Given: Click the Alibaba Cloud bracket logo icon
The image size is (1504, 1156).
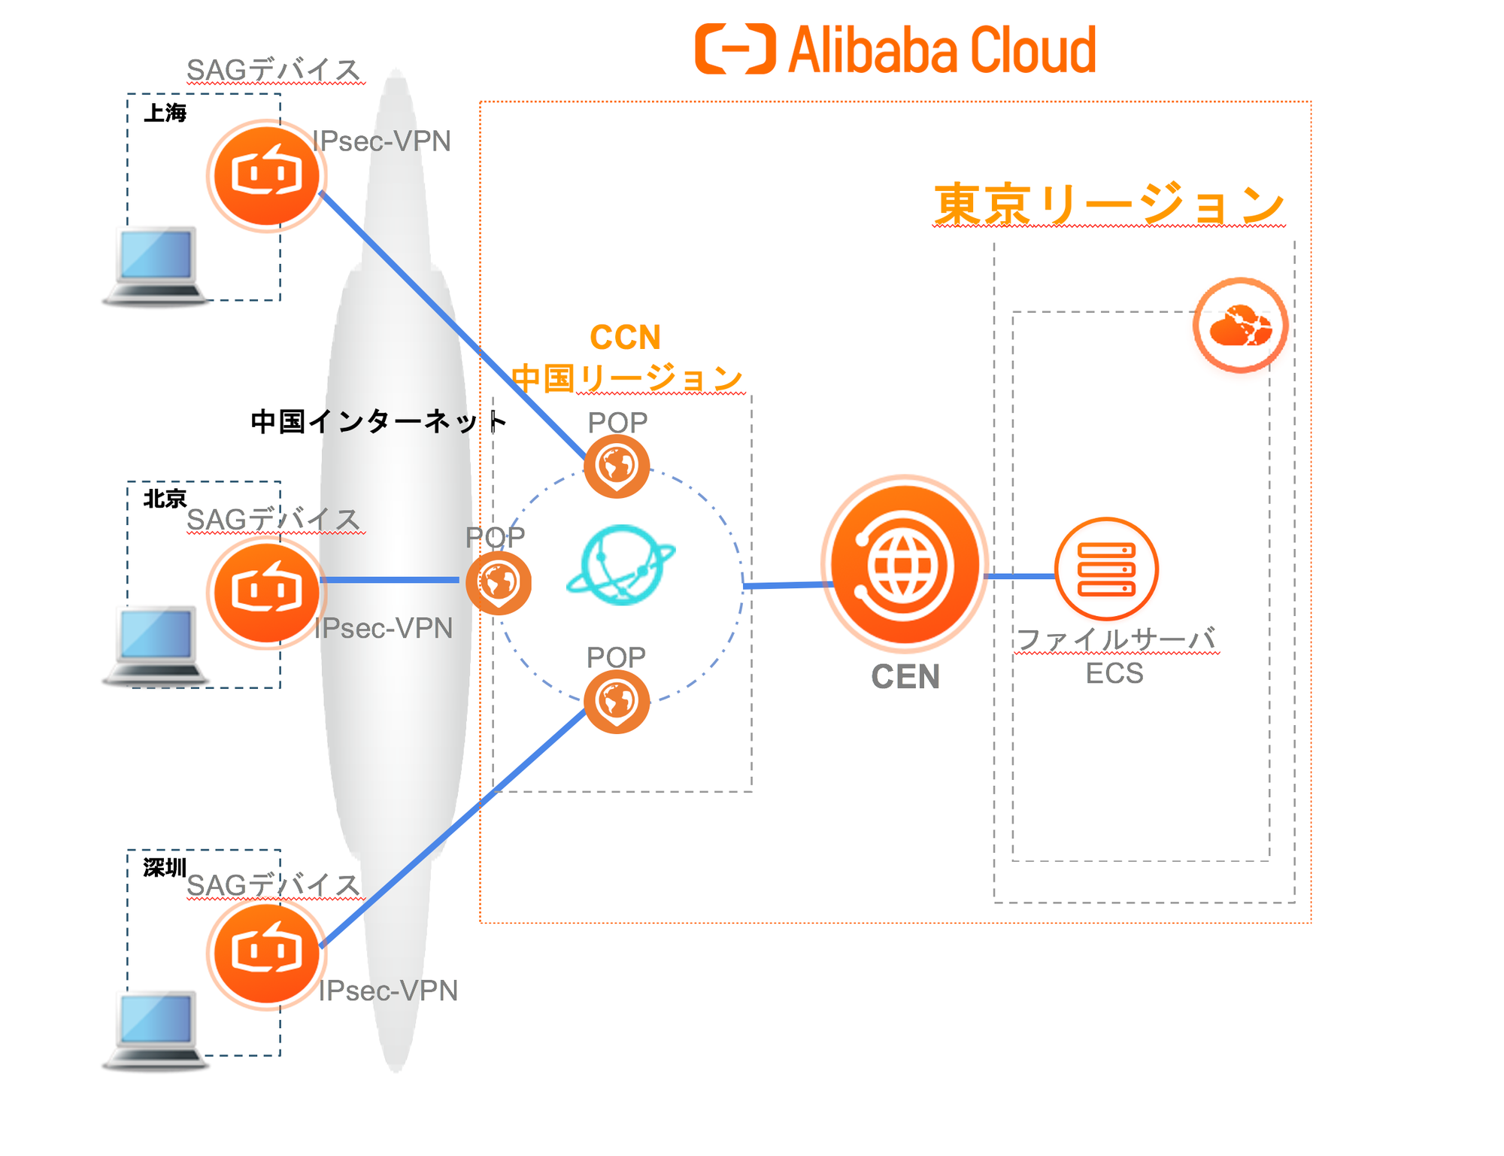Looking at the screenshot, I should point(735,49).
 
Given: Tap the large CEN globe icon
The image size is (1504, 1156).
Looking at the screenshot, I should point(905,565).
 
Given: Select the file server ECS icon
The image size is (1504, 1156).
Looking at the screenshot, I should point(1105,569).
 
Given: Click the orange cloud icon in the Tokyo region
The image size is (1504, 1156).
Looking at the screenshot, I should point(1240,326).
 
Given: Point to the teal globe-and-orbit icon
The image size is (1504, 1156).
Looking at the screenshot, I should point(621,565).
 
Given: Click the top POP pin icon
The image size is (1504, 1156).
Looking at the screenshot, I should point(617,466).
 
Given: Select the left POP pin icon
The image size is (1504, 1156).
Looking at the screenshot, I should point(498,582).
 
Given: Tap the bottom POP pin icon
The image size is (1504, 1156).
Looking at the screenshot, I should point(617,701).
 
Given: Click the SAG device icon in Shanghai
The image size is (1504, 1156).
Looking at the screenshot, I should point(266,175).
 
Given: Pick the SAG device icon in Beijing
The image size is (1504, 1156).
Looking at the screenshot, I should point(266,591).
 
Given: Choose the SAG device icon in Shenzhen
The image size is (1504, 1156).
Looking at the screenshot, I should point(266,953).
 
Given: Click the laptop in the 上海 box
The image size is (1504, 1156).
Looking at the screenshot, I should point(156,265).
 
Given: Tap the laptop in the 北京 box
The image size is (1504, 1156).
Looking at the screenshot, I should point(156,645).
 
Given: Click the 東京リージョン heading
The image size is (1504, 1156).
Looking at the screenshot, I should point(1108,205).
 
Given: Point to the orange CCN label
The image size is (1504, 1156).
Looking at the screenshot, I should point(625,337).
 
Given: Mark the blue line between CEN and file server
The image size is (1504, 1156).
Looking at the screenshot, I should point(1019,576).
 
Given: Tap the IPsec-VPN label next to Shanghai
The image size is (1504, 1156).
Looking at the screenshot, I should point(381,141).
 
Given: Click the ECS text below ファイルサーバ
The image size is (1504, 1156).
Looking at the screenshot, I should point(1114,673).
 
